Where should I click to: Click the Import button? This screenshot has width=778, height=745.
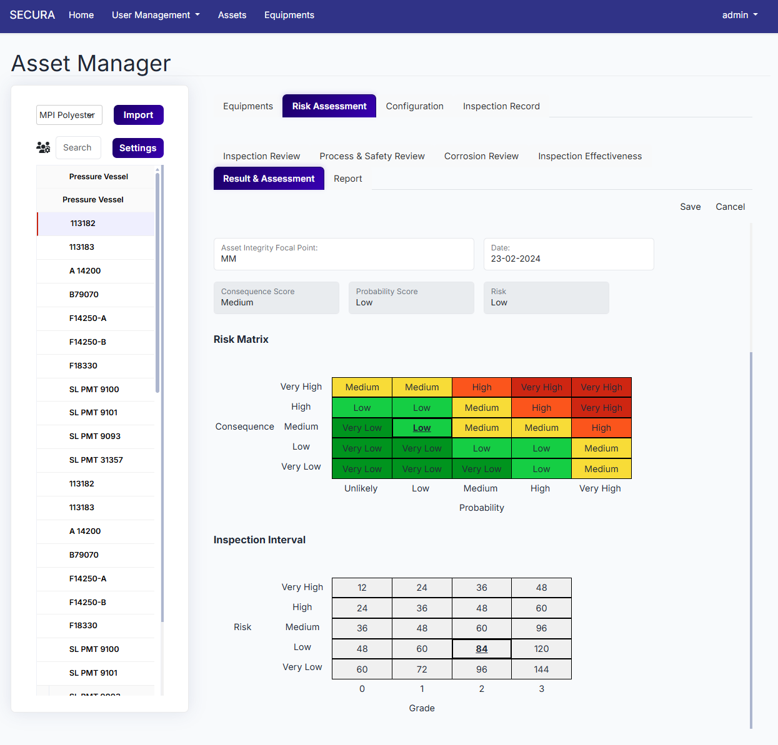click(x=138, y=115)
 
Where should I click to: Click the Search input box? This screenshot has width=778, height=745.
click(x=78, y=148)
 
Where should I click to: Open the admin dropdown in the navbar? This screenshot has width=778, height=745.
click(x=740, y=15)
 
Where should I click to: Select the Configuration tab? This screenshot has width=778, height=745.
click(x=414, y=106)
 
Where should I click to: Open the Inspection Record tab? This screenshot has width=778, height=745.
click(x=501, y=106)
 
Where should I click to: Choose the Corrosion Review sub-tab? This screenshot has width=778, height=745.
click(x=481, y=156)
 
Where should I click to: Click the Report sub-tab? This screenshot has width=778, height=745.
click(x=348, y=179)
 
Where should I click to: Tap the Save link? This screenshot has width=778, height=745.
click(x=690, y=207)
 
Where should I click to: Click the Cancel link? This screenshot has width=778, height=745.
click(x=730, y=207)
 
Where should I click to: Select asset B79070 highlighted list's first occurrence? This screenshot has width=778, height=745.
click(x=84, y=295)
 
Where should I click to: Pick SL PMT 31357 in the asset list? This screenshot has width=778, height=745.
click(x=96, y=460)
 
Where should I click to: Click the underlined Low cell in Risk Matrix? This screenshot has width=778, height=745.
click(x=422, y=428)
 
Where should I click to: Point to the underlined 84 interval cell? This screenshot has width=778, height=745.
click(x=481, y=649)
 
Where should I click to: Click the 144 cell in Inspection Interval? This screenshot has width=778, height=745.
click(x=541, y=669)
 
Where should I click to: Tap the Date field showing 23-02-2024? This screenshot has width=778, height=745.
click(x=569, y=254)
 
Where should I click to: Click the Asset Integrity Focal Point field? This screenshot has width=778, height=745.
click(x=344, y=254)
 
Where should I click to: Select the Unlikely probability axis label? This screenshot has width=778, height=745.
click(x=361, y=488)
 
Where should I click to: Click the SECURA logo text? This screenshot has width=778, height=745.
click(x=32, y=15)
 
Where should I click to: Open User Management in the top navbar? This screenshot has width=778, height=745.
click(x=156, y=15)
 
